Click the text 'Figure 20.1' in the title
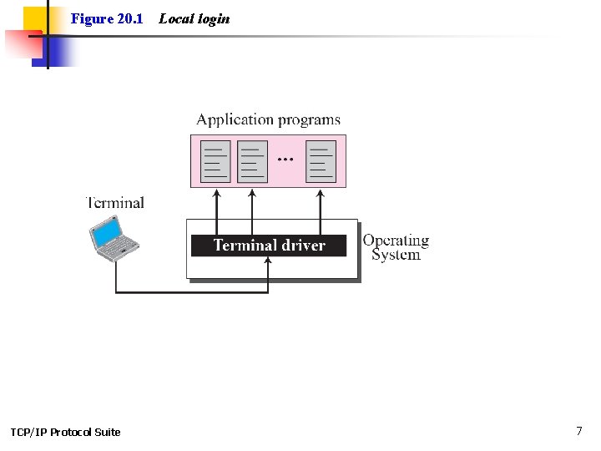pos(107,18)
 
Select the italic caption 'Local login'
pos(194,18)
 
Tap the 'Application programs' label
pos(268,120)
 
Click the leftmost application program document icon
pos(216,161)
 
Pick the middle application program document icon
pos(253,161)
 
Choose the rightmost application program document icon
pos(321,161)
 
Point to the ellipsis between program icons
pos(285,157)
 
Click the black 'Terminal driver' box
pos(268,246)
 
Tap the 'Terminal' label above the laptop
pos(115,203)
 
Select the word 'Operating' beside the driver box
pos(396,241)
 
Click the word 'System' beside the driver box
pos(396,255)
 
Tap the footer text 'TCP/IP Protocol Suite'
pos(65,432)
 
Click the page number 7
pos(579,431)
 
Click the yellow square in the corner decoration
pos(33,18)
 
